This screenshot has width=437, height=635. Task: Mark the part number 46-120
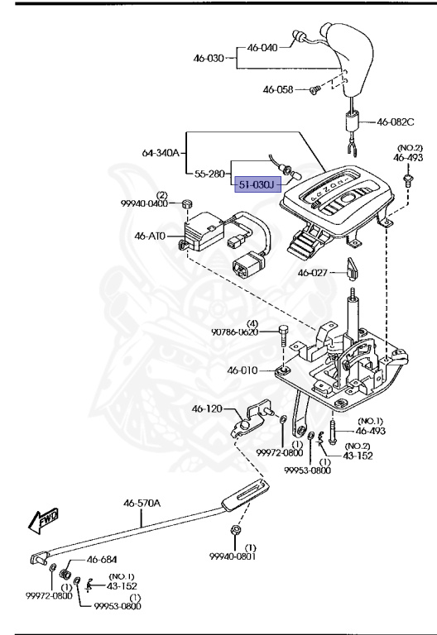[209, 408]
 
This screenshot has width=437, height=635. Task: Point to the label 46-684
[103, 560]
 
